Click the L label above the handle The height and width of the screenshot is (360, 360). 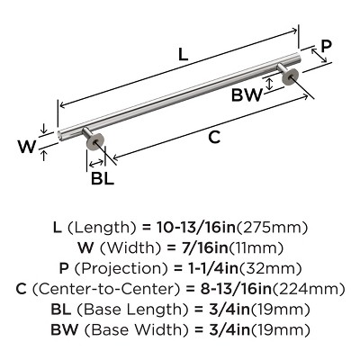tap(183, 54)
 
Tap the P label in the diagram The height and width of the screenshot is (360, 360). tap(327, 46)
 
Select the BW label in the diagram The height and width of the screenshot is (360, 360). tap(247, 95)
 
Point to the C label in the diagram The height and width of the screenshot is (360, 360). tap(215, 138)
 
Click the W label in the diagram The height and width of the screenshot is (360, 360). tap(27, 147)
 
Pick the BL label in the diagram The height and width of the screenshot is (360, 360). tap(103, 179)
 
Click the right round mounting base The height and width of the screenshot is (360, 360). tap(290, 76)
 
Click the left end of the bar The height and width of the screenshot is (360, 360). tap(58, 136)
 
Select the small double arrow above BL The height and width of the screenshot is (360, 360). tap(95, 163)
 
